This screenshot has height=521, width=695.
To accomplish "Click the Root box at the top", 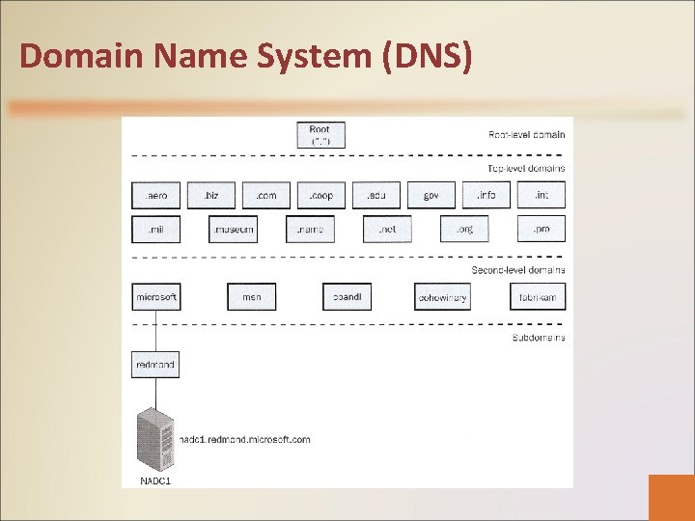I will coord(320,135).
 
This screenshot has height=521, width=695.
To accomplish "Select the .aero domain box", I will coord(155,195).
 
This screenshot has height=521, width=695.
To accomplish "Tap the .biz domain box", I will coord(210,195).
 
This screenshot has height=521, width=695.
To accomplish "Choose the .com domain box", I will coord(265,195).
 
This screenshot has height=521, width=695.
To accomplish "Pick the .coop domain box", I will coord(320,195).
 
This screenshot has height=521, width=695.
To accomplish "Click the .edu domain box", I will coord(375,195).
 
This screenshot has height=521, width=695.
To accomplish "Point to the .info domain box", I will coord(486,195).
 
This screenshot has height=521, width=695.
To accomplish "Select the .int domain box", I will coord(542,195).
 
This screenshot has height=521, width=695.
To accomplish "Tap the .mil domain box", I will coord(155,230).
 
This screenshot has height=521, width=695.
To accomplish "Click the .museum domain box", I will coord(233,230).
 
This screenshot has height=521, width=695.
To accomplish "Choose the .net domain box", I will coord(387,230).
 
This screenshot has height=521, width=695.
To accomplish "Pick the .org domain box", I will coord(464,230).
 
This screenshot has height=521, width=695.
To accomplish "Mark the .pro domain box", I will coord(542,230).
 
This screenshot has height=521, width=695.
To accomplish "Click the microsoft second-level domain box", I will coord(155,297).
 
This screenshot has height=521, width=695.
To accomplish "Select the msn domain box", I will coord(251,297).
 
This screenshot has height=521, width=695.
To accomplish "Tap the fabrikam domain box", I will coord(538,297).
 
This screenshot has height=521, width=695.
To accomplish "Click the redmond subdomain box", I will coord(155,365).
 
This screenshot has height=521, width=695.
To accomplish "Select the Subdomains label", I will coord(538,338).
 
